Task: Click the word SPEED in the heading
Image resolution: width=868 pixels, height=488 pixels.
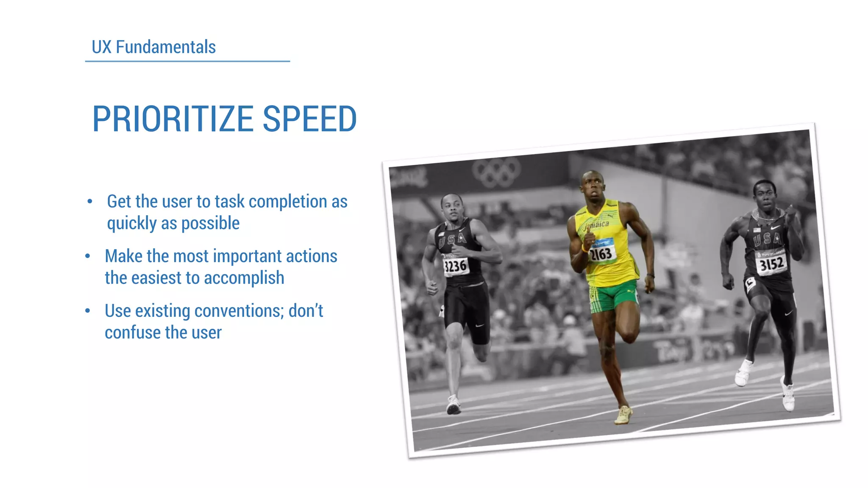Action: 309,119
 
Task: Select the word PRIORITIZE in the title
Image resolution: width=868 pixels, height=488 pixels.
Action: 173,119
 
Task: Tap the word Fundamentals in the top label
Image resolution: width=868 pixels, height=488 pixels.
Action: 166,47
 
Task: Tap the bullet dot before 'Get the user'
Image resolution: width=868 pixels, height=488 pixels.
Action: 89,202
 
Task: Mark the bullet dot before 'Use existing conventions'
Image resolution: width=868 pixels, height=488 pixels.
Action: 87,311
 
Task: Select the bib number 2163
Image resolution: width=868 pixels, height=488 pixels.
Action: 601,254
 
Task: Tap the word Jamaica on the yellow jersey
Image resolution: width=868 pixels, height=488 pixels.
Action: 597,225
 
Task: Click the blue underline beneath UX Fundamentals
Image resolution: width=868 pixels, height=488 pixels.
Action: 187,61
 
